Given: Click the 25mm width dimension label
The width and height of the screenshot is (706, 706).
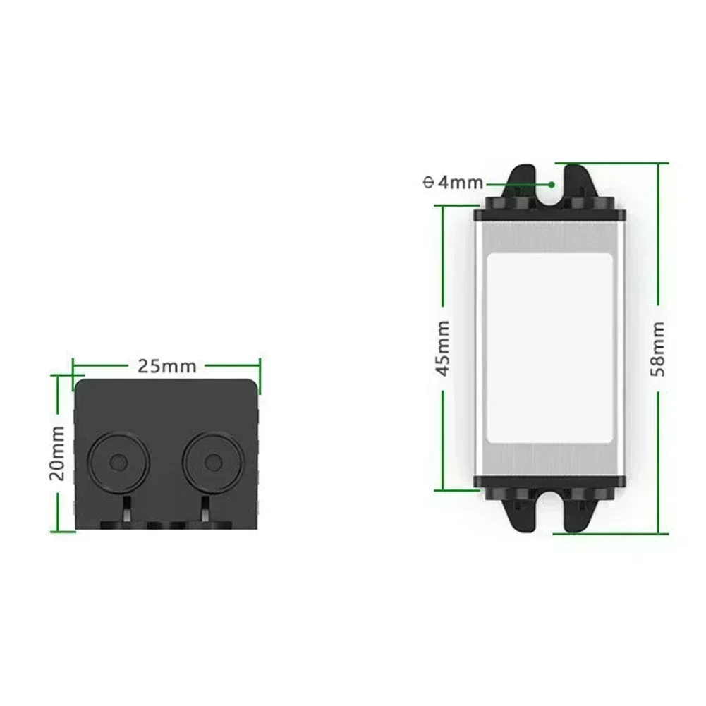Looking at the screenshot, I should (x=166, y=366).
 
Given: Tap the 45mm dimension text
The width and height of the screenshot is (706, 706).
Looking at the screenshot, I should (x=444, y=347).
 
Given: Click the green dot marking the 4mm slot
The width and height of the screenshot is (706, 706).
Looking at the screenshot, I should (x=552, y=183).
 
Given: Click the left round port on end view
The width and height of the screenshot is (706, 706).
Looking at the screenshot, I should (x=119, y=462).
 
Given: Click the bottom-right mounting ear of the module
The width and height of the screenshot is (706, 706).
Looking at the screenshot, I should (x=580, y=509).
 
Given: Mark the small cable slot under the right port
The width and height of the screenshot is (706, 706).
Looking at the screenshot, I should (x=204, y=509).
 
